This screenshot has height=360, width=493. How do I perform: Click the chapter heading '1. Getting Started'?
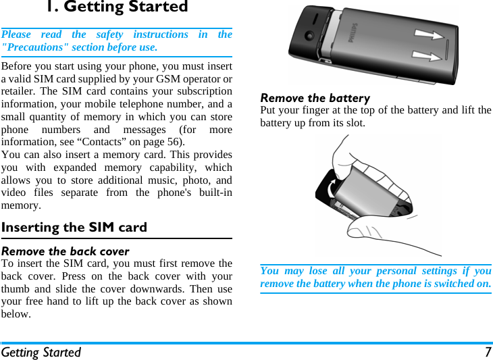pyautogui.click(x=117, y=7)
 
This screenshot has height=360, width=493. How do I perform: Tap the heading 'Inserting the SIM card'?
pyautogui.click(x=74, y=227)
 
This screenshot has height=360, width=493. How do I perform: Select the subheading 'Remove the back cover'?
pyautogui.click(x=66, y=251)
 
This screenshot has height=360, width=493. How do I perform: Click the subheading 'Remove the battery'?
pyautogui.click(x=315, y=98)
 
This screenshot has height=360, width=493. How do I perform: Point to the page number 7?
pyautogui.click(x=487, y=353)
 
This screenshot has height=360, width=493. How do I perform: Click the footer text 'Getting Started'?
pyautogui.click(x=41, y=353)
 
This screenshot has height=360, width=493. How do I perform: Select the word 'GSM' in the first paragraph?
pyautogui.click(x=170, y=79)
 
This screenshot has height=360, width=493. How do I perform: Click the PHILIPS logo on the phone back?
pyautogui.click(x=356, y=37)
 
